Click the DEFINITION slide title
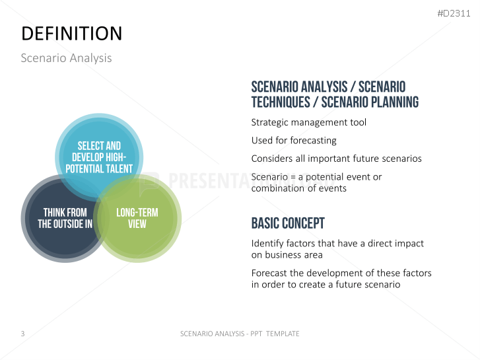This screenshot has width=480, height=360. tap(71, 34)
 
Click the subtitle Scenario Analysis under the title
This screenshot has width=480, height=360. tap(66, 58)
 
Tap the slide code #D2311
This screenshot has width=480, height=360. tap(454, 13)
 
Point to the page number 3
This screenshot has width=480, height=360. tap(22, 334)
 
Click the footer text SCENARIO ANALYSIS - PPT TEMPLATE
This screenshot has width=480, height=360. tap(240, 334)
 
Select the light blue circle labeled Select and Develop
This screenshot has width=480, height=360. tap(99, 157)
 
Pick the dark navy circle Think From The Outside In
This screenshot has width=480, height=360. tap(65, 219)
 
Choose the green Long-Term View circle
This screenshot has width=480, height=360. tap(137, 219)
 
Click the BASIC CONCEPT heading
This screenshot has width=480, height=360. tap(288, 223)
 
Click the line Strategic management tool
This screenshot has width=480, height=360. tap(308, 123)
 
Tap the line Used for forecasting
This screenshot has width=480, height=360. tap(294, 141)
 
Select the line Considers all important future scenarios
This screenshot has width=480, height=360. tap(337, 159)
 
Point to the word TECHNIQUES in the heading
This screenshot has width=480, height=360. tap(281, 102)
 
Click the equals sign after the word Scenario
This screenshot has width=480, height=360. tap(293, 178)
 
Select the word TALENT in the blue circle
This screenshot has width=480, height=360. tap(118, 169)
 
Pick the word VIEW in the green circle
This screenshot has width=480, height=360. tap(137, 224)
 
